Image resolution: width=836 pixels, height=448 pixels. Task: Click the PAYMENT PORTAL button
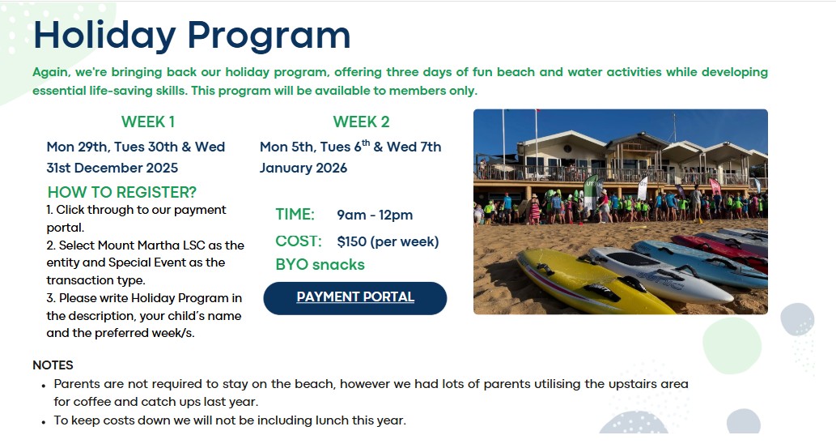pos(355,298)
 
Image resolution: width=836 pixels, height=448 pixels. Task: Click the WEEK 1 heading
pos(147,122)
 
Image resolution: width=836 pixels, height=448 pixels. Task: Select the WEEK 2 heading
pos(361,122)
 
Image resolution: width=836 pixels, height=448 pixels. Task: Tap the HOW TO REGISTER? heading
pos(122,192)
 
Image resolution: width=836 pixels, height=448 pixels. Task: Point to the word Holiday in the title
pos(104,36)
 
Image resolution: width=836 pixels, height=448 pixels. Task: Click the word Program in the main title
pos(269,36)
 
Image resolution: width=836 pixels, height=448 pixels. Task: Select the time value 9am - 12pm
pos(375,215)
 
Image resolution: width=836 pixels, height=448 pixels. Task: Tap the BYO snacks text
pos(320,265)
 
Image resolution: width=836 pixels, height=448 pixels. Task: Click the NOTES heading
pos(53,365)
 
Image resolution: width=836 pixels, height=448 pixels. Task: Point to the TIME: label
pos(295,215)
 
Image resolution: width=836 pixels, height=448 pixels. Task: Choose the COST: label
pos(299,241)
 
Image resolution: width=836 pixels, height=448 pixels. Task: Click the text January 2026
pos(303,169)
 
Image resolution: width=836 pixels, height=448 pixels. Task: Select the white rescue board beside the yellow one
pos(659,272)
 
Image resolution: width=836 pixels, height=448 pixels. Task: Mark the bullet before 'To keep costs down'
pos(43,421)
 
